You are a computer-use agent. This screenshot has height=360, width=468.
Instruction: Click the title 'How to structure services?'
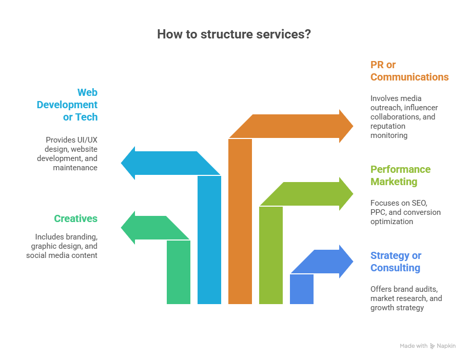click(x=233, y=34)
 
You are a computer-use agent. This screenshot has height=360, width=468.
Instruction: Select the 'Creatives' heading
click(x=75, y=218)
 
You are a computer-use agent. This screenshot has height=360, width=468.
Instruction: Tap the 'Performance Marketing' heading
click(x=400, y=175)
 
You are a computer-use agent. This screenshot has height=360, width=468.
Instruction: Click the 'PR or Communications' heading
click(x=409, y=71)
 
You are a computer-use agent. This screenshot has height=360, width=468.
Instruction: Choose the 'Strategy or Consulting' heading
click(x=396, y=262)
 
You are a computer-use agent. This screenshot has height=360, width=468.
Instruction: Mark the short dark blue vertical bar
click(x=302, y=289)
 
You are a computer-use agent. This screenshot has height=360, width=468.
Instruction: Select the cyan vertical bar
click(x=209, y=240)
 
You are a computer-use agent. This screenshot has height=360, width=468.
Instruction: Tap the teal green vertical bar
click(x=179, y=272)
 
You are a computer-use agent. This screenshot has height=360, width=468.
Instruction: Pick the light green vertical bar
click(x=271, y=255)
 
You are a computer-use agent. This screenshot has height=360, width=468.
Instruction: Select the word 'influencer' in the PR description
click(x=419, y=107)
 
